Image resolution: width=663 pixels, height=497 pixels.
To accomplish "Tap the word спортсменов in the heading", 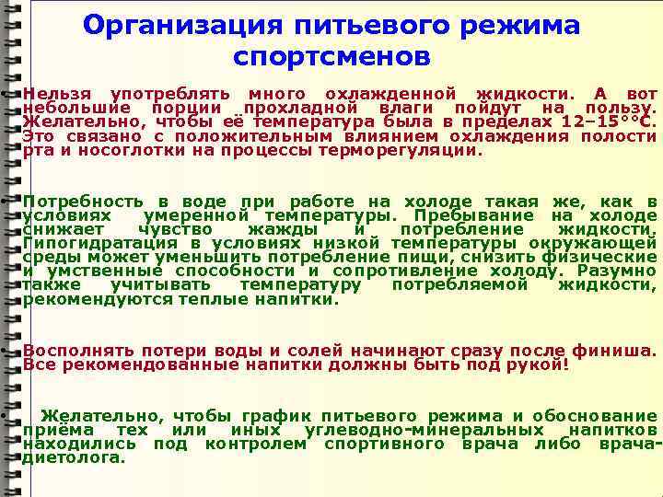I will coord(331,57).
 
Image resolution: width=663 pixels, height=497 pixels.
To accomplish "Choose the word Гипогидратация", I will coord(91,243).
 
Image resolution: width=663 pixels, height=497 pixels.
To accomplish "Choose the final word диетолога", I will coord(74,457).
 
